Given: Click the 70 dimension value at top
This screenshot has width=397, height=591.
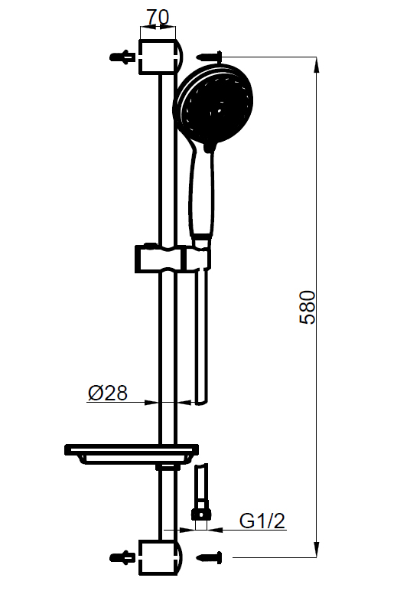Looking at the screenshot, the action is click(x=158, y=17).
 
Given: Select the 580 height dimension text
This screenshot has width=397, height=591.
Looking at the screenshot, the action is click(x=308, y=307).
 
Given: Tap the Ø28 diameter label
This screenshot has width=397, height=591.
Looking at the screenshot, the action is click(x=108, y=393).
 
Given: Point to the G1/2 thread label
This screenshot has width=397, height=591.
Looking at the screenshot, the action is click(x=262, y=521).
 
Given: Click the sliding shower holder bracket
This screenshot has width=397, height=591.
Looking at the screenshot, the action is click(x=172, y=258).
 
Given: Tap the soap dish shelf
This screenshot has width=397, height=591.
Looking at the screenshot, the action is click(x=132, y=453).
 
